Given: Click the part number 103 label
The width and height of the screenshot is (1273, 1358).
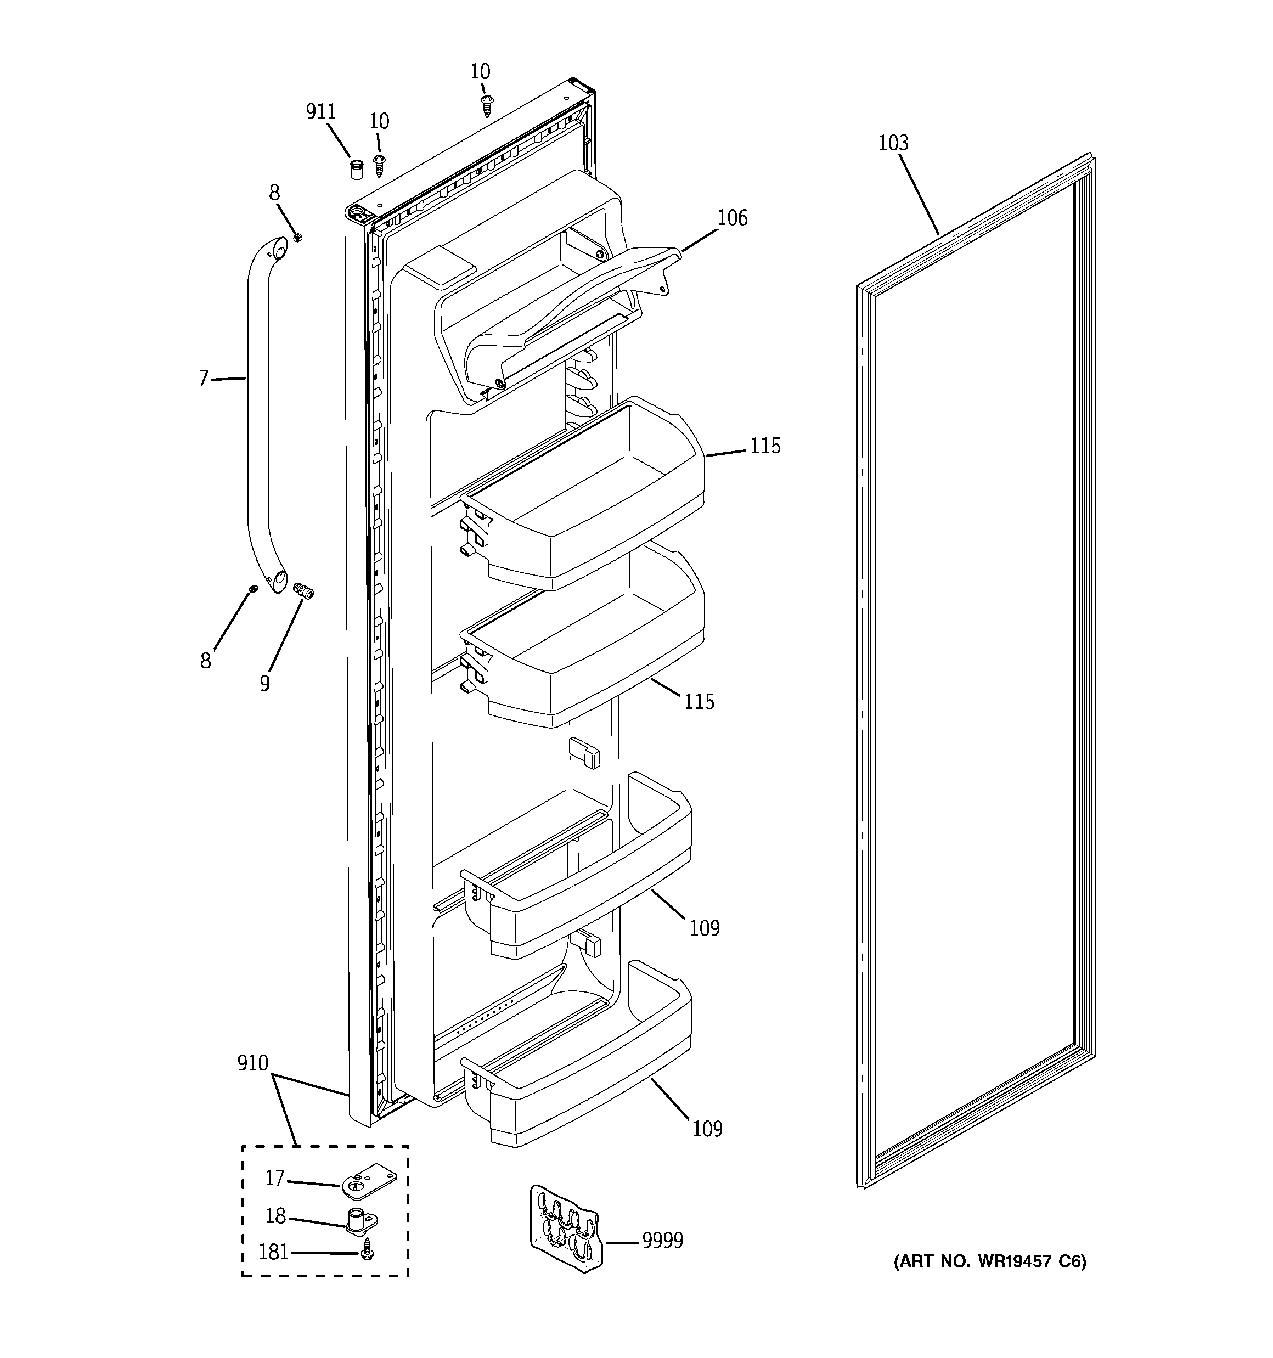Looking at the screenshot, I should [893, 143].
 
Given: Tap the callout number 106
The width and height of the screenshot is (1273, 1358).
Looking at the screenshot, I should [732, 218].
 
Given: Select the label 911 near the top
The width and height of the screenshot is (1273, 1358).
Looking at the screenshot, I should [320, 112].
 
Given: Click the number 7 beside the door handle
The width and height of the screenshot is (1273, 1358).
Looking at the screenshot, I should [204, 377].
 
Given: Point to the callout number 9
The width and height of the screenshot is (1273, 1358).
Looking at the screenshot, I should [265, 683].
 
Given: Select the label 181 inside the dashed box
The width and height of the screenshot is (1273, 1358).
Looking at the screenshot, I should [273, 1252].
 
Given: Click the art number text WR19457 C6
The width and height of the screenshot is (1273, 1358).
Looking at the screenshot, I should [989, 1261].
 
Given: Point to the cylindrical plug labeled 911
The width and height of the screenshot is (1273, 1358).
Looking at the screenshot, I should [356, 169].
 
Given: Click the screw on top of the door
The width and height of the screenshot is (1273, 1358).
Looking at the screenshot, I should [487, 106].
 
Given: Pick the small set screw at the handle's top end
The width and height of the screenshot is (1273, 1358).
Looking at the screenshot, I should [298, 237].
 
